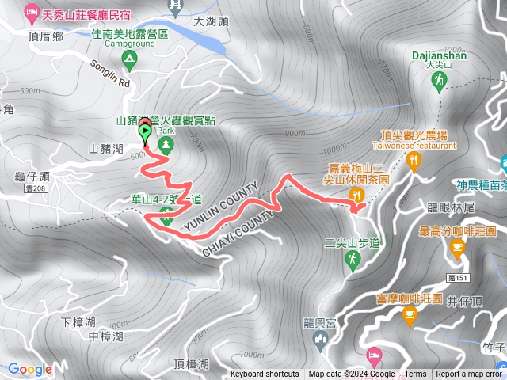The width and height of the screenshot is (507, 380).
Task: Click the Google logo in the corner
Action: [30, 369]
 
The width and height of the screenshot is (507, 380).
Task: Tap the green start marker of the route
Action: [146, 132]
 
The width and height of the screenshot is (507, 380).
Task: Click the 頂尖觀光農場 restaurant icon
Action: [413, 161]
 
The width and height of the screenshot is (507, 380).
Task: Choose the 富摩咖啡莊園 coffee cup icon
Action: [410, 317]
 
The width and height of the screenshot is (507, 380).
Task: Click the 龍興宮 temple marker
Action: [319, 340]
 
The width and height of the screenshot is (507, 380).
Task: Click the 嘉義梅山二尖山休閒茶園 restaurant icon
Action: [357, 195]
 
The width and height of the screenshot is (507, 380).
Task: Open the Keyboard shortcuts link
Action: [265, 374]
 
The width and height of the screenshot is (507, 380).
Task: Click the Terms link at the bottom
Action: [415, 374]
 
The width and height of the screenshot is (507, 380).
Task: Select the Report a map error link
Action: [469, 374]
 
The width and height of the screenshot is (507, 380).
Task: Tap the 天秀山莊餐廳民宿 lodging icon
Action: [32, 12]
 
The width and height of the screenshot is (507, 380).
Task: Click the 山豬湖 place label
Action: [105, 148]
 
